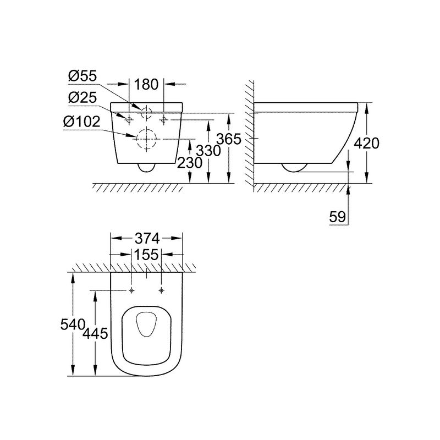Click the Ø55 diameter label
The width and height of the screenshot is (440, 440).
(82, 76)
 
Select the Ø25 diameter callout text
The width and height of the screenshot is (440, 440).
(82, 97)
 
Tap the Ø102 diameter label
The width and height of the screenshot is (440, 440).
(81, 122)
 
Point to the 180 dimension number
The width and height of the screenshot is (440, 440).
(146, 84)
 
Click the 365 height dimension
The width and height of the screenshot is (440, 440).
(229, 139)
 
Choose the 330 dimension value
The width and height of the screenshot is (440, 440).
(208, 151)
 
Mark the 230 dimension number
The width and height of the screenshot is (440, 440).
(189, 163)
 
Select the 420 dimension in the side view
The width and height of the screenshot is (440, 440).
(366, 144)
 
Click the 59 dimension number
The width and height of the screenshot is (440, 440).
(338, 217)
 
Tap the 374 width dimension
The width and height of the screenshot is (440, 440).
(147, 239)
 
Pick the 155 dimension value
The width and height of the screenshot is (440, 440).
(146, 255)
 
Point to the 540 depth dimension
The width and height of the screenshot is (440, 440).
(73, 324)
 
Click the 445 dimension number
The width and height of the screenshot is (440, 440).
(95, 334)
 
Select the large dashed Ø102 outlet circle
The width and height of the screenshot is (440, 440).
(146, 139)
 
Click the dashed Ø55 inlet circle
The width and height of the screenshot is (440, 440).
(146, 113)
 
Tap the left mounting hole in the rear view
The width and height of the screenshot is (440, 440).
(129, 120)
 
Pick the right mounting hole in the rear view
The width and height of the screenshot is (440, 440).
(164, 120)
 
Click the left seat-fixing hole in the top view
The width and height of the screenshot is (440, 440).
(131, 290)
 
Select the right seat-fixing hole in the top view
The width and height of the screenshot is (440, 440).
(161, 290)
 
